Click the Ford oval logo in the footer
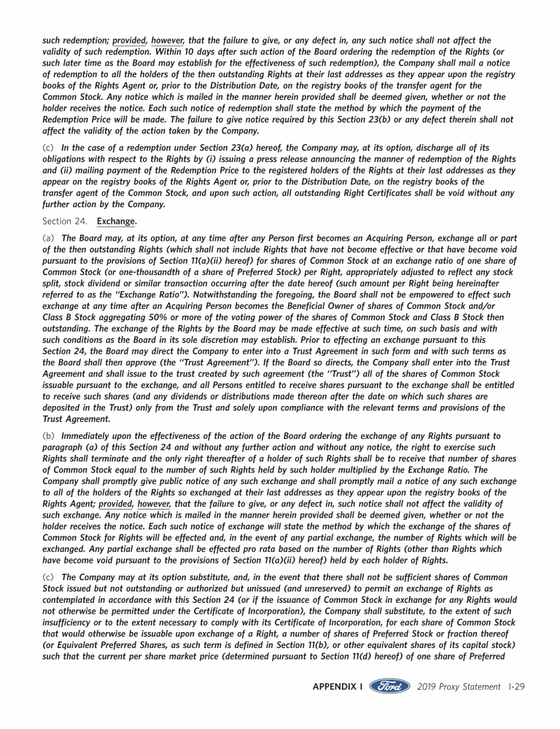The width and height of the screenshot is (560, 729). [x=390, y=687]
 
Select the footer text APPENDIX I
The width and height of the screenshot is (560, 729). [x=338, y=687]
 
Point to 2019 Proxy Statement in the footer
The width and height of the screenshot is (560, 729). [x=454, y=687]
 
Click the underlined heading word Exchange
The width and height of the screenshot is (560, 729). [x=117, y=221]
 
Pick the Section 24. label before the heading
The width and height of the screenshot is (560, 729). [x=65, y=221]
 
